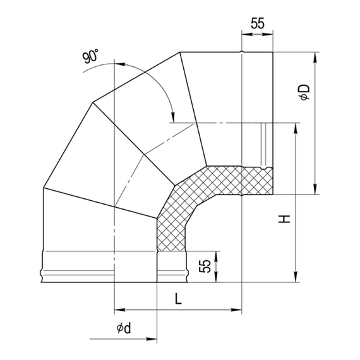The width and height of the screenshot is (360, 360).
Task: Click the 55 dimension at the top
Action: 257,24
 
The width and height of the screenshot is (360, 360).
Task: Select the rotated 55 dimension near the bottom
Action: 204,265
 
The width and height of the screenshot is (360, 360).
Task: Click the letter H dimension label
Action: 285,219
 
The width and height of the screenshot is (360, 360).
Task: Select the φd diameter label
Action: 123,328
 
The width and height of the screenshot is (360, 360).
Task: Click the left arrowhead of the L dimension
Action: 118,310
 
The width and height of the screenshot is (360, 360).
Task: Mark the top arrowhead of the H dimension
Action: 294,127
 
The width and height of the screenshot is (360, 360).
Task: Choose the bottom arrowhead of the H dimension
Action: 294,279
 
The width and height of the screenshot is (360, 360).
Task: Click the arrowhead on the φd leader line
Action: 153,340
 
